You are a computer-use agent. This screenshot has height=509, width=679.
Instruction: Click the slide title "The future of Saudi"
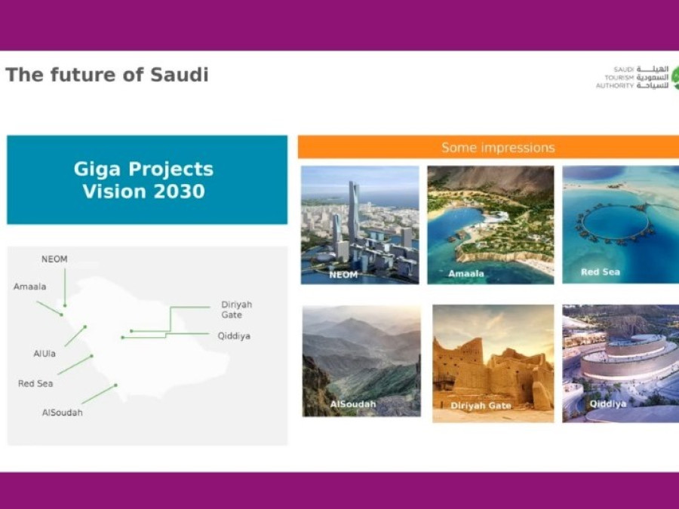(x=107, y=75)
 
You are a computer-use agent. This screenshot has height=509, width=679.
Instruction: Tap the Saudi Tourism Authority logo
(x=637, y=78)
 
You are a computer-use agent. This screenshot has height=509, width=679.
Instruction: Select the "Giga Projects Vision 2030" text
(x=144, y=180)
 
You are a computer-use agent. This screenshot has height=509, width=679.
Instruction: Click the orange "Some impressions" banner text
(x=498, y=148)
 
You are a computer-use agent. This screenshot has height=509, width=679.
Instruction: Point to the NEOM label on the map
(x=54, y=259)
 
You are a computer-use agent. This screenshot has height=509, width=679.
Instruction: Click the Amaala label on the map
(x=30, y=287)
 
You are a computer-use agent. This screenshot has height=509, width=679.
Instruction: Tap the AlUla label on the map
(x=45, y=354)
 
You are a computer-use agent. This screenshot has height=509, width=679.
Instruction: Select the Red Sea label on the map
(x=35, y=384)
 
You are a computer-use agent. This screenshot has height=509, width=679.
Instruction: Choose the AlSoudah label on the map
(x=63, y=412)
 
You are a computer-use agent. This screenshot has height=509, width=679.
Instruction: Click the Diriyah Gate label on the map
(x=236, y=309)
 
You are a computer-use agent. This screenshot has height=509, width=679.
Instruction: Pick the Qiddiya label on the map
(x=235, y=336)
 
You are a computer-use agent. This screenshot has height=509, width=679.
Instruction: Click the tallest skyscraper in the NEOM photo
(x=353, y=212)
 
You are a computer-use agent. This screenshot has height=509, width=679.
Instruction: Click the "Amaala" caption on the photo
(x=466, y=274)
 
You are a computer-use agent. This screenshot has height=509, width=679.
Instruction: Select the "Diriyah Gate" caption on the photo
(x=481, y=406)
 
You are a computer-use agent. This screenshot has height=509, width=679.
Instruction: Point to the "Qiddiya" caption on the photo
(x=608, y=404)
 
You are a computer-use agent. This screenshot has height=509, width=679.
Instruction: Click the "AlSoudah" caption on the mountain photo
(x=353, y=404)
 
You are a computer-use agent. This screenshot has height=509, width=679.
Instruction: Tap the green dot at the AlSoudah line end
(x=115, y=385)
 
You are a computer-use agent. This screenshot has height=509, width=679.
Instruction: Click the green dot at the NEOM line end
(x=65, y=305)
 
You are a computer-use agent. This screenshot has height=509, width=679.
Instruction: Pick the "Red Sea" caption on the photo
(x=601, y=271)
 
